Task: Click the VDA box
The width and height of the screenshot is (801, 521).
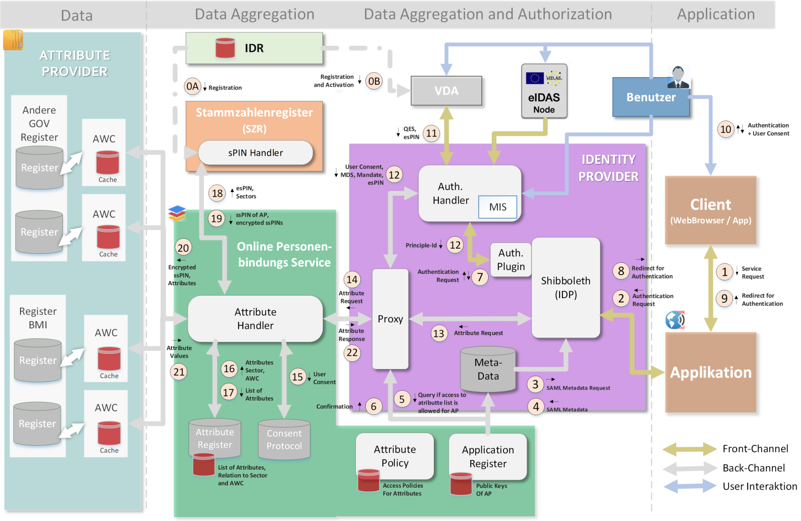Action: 446,90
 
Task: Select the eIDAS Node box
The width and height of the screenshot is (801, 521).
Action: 544,91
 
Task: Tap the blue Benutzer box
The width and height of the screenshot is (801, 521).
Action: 651,98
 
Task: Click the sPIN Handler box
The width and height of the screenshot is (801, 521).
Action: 255,153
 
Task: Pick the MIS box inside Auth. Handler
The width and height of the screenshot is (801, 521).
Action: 498,207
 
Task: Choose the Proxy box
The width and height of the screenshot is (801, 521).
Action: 390,319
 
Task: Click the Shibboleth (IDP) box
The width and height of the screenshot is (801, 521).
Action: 565,288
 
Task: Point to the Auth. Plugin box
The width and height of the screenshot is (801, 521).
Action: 511,260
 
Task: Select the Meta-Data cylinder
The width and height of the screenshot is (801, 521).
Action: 488,370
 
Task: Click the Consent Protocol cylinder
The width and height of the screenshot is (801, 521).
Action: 284,440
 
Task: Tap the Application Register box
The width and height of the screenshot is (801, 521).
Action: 488,457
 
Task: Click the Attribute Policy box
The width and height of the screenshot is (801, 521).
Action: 395,456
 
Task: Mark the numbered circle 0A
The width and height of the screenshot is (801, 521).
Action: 192,87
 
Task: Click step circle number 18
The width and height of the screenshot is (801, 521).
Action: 217,193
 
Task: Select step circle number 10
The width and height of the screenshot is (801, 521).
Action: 725,129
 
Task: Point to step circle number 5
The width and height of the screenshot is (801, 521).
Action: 402,399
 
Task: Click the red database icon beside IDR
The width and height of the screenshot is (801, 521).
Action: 225,48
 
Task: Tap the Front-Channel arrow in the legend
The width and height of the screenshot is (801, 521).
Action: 690,449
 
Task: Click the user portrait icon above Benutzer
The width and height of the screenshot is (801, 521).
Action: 678,77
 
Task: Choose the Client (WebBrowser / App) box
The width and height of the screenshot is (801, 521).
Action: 711,210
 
